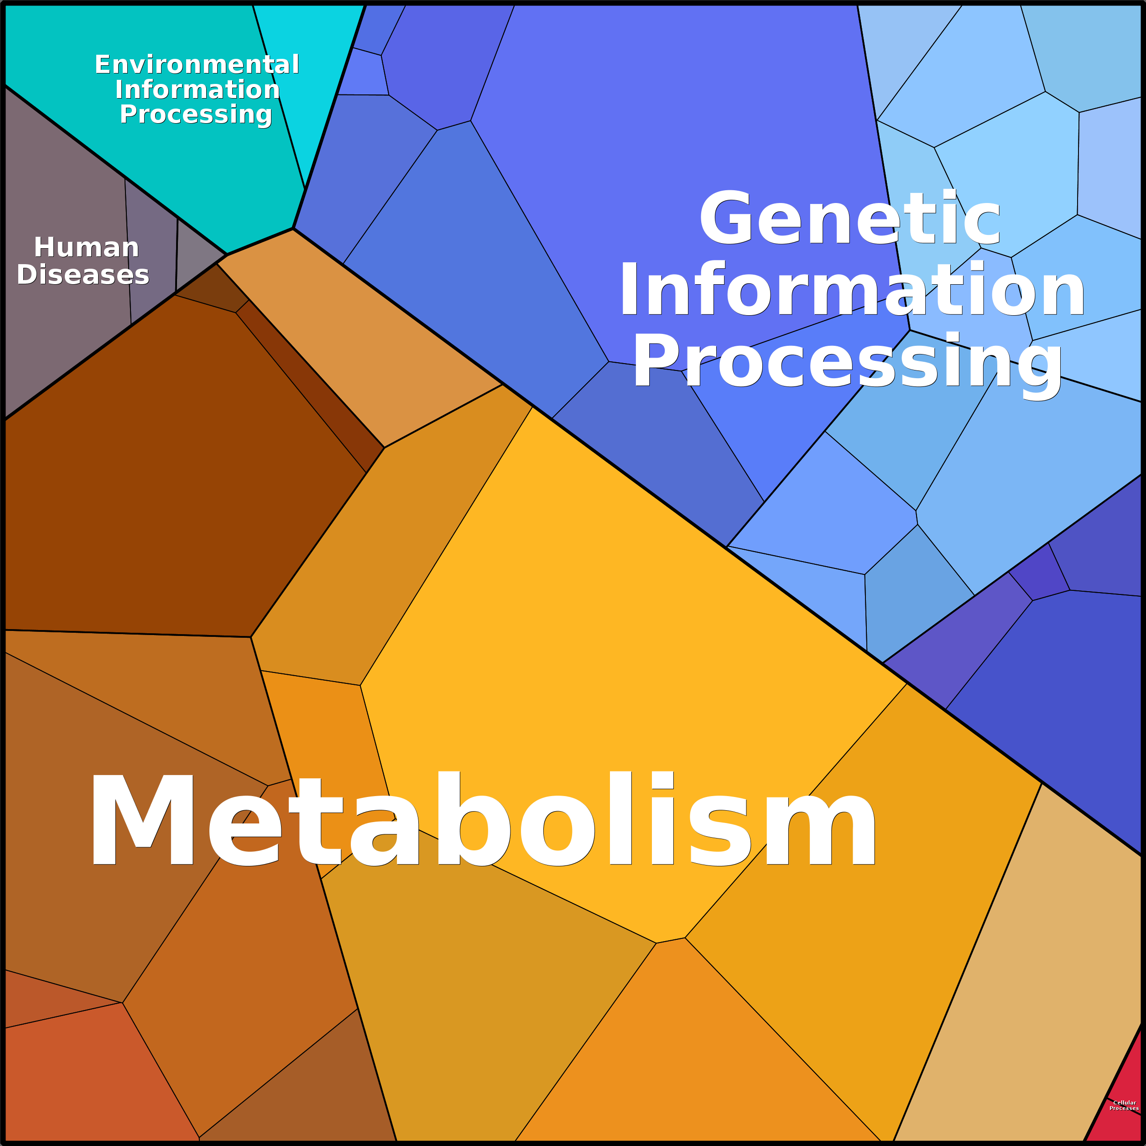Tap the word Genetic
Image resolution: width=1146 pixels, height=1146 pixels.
[x=850, y=218]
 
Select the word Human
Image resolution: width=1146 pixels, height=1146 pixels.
[x=87, y=247]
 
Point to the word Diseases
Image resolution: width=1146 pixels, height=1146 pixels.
[x=83, y=275]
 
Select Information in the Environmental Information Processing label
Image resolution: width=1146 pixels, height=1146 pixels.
[x=197, y=89]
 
